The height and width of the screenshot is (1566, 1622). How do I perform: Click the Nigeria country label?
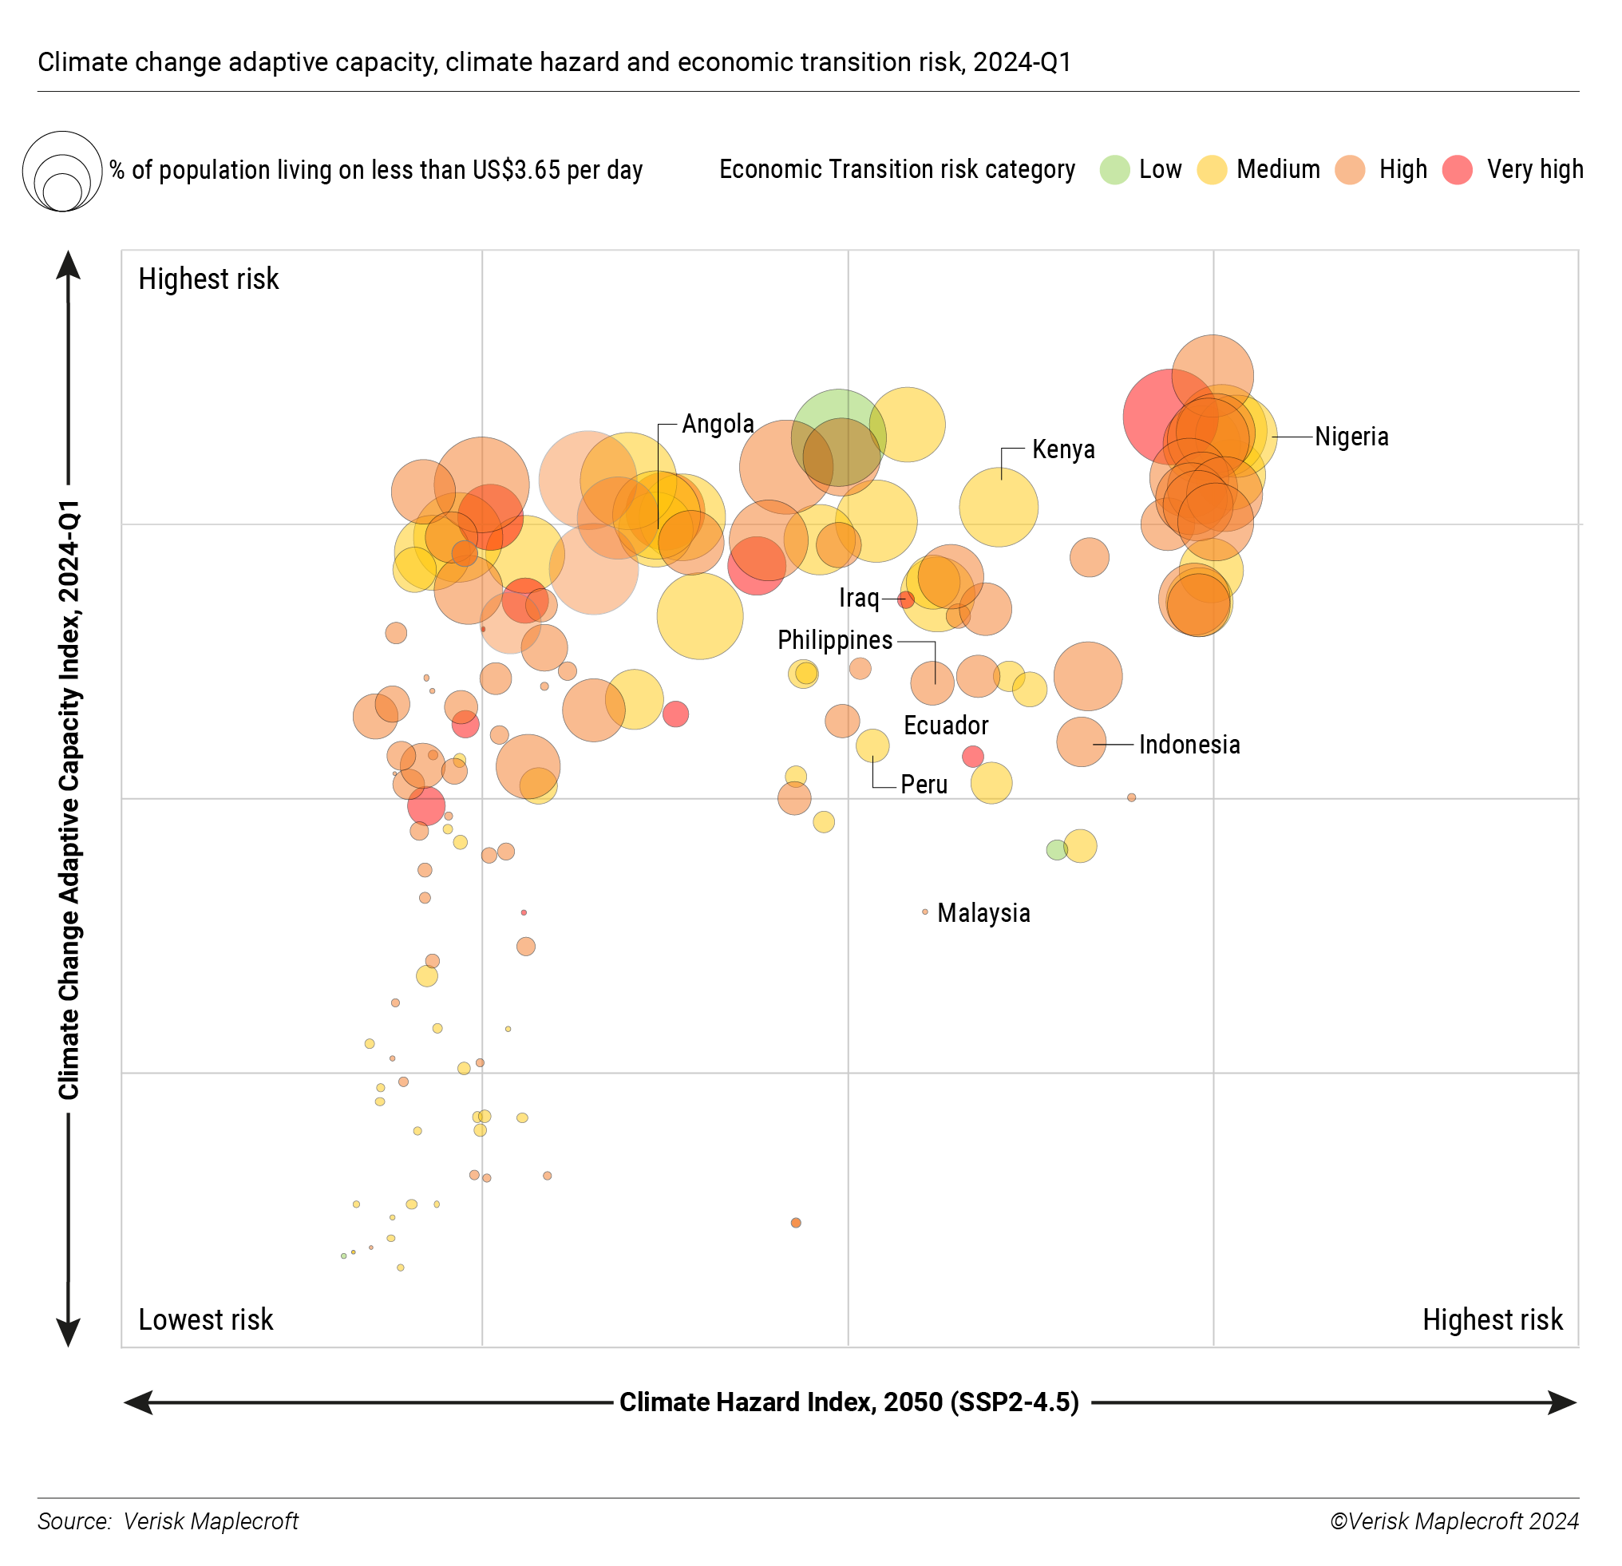1351,437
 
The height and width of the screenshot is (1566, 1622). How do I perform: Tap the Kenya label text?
1062,449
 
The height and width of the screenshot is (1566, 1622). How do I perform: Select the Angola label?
718,424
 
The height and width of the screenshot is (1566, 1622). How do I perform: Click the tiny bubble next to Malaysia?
925,912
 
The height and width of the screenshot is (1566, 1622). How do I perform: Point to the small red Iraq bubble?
906,599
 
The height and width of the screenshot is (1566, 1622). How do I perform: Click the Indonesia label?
1189,745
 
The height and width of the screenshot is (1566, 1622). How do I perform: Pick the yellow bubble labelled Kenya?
998,508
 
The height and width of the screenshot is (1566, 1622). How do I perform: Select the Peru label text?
924,785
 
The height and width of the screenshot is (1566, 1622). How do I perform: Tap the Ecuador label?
946,726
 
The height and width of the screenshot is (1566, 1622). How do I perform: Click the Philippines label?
834,641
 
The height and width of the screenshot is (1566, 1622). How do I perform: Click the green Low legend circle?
1114,170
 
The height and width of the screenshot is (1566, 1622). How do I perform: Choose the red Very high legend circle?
1458,170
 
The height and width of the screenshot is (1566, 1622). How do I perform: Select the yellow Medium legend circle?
1212,170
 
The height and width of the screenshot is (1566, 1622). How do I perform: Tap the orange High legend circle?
1350,170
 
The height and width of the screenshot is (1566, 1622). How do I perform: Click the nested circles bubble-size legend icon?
62,172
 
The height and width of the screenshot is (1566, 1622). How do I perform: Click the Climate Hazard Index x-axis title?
849,1402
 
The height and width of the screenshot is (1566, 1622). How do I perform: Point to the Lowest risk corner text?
205,1319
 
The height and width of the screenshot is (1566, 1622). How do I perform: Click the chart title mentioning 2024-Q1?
555,62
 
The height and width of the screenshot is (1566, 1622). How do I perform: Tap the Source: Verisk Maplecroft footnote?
168,1521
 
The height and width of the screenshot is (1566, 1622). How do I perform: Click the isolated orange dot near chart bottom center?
796,1223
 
